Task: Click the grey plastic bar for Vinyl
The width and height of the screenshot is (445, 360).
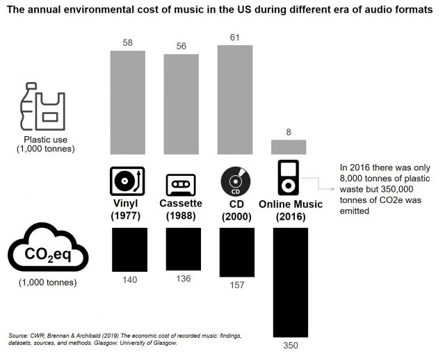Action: [x=129, y=102]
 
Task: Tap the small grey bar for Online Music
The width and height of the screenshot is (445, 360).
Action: [x=289, y=147]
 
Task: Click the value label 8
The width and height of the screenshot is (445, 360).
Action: [x=289, y=131]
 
